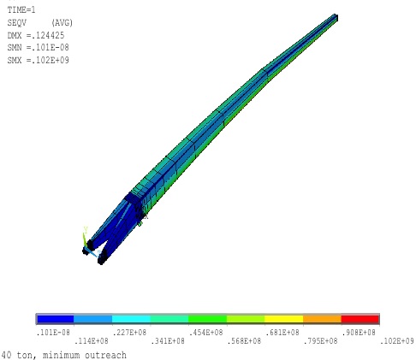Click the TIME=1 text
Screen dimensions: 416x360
pos(21,10)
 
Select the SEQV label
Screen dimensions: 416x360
pos(17,22)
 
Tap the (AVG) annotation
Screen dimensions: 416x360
pos(62,22)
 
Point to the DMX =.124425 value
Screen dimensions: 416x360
pos(36,35)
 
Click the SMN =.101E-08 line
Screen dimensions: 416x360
pos(39,47)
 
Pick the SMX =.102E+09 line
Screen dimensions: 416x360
pos(39,60)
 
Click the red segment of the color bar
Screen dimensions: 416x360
pos(360,319)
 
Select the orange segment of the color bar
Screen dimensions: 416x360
pos(322,319)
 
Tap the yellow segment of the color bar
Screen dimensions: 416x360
pos(284,319)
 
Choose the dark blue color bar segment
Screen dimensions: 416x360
pos(55,319)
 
